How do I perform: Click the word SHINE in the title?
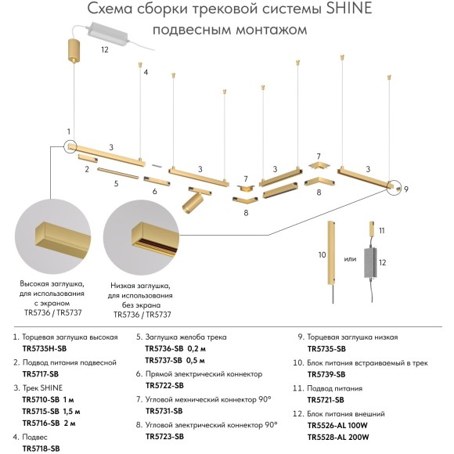pyautogui.click(x=338, y=10)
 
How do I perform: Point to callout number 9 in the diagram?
pyautogui.click(x=407, y=189)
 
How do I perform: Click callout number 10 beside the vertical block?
pyautogui.click(x=321, y=255)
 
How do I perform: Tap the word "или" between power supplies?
pyautogui.click(x=351, y=259)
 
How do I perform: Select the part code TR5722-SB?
pyautogui.click(x=164, y=385)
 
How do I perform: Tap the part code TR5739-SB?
pyautogui.click(x=327, y=374)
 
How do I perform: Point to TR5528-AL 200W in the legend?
pyautogui.click(x=338, y=437)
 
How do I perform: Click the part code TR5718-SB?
pyautogui.click(x=41, y=449)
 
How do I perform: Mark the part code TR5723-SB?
pyautogui.click(x=164, y=437)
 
